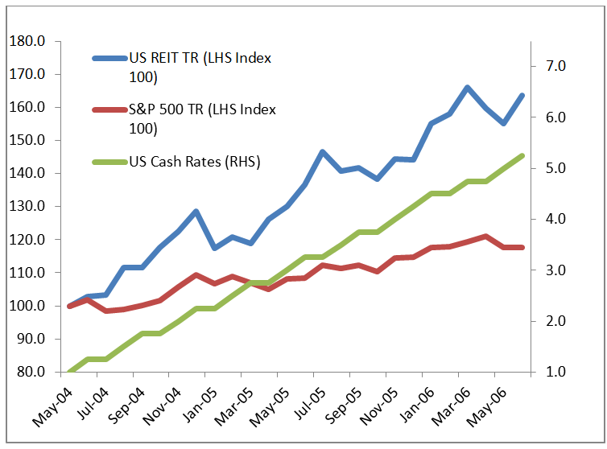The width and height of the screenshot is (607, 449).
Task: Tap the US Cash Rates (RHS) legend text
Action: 194,161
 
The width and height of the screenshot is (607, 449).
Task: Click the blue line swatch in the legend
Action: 109,59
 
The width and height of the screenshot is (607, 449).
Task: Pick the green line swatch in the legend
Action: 109,162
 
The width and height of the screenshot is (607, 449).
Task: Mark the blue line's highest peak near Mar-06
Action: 468,87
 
